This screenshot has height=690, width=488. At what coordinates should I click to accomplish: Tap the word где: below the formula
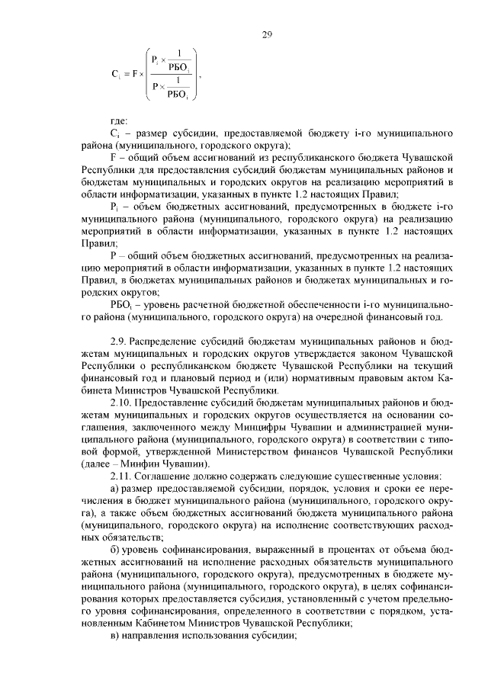[120, 120]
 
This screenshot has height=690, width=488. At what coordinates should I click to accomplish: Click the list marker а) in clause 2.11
[116, 489]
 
